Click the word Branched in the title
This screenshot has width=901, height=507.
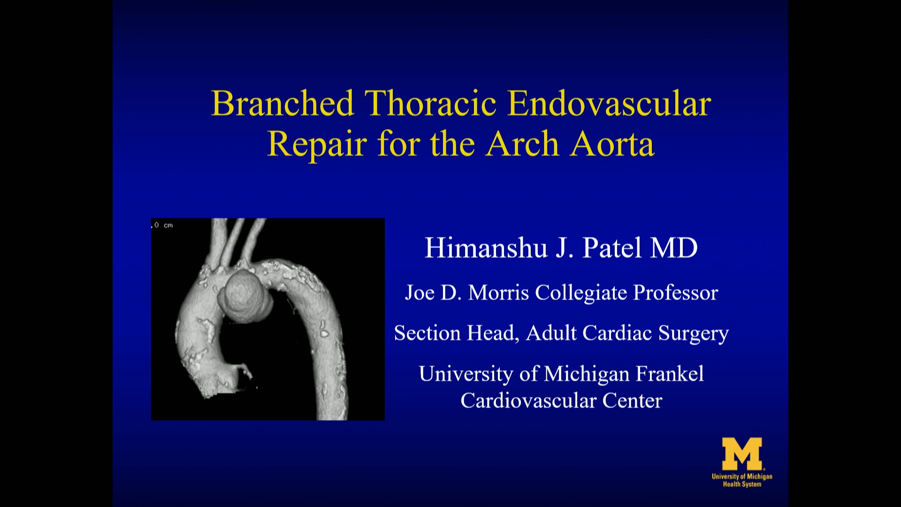[x=283, y=104]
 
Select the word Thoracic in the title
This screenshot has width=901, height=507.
[x=430, y=104]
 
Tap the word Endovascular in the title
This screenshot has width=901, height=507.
[x=609, y=104]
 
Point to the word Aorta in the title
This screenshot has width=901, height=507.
[x=612, y=144]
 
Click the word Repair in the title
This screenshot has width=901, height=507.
[x=317, y=144]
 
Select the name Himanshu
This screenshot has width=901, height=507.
[x=486, y=248]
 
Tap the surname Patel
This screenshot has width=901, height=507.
[x=611, y=248]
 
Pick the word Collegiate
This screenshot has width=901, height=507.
[x=581, y=293]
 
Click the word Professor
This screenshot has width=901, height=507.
[x=676, y=293]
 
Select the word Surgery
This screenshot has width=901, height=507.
[x=693, y=333]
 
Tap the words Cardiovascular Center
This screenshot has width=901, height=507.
[x=561, y=401]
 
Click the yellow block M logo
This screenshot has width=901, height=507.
[x=742, y=453]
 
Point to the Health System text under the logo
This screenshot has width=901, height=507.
[x=742, y=484]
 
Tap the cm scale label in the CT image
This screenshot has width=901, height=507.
[x=168, y=225]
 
